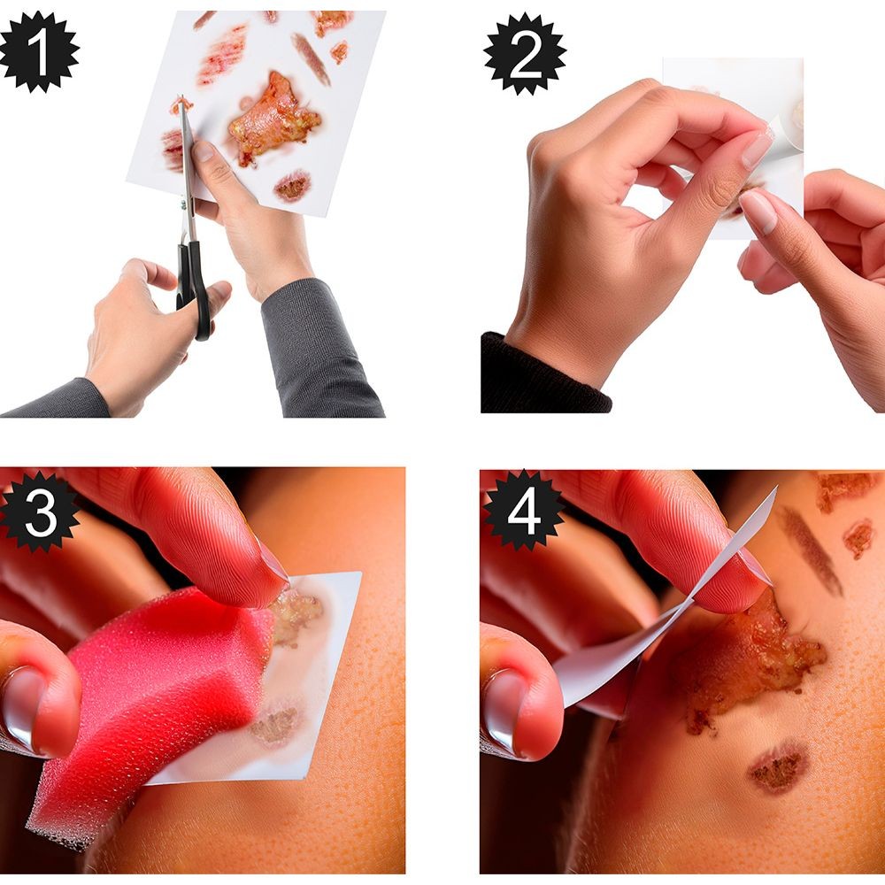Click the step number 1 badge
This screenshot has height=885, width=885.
pos(38,51)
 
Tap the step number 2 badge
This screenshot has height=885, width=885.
pos(525,54)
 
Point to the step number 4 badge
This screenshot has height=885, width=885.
pos(523,511)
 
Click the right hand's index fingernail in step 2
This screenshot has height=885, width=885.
pos(759,211)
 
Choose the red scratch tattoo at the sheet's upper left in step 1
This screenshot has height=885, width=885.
pos(222,55)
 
